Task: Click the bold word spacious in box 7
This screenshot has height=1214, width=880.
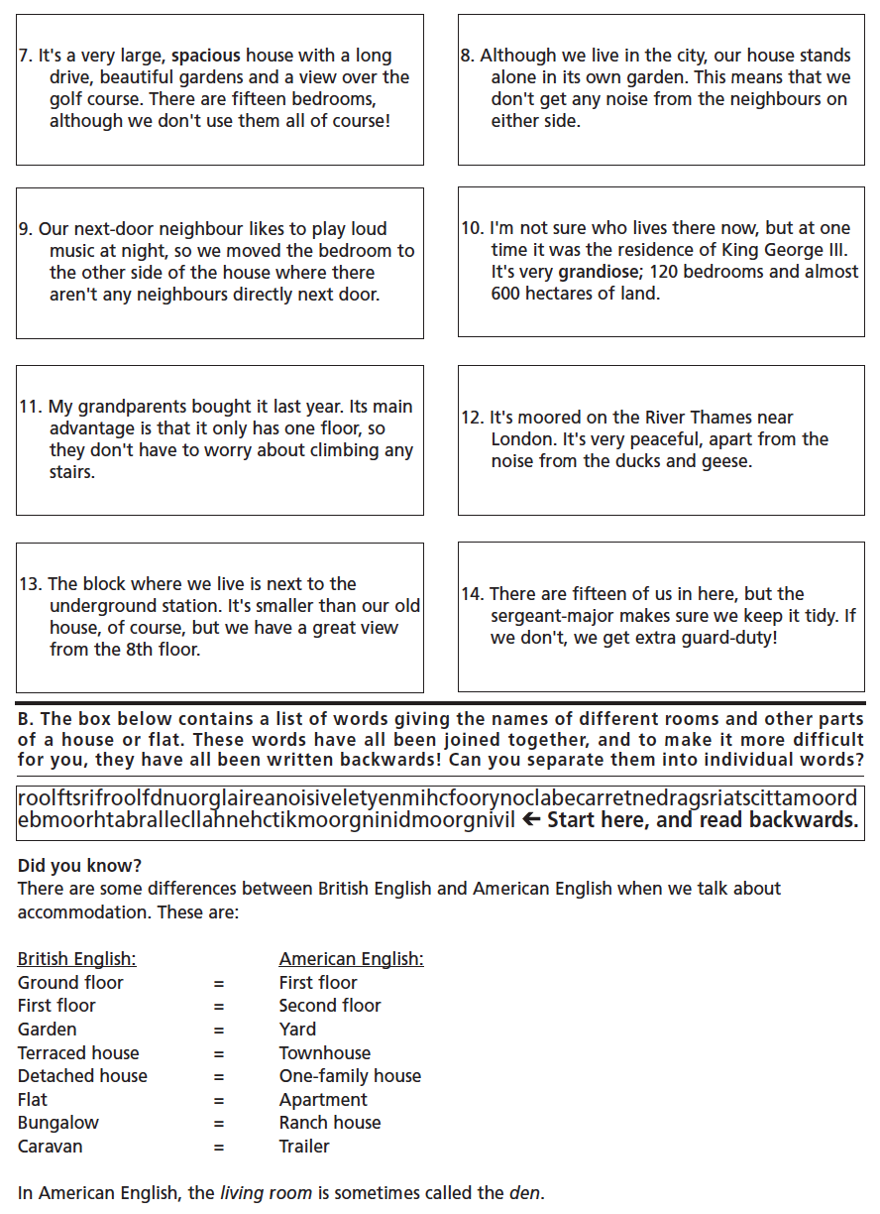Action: (206, 56)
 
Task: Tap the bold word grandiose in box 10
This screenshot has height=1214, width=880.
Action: (597, 272)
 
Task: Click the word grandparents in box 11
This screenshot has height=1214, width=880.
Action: (130, 407)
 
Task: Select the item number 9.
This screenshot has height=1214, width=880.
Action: (25, 229)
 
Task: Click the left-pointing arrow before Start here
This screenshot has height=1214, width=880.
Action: (531, 819)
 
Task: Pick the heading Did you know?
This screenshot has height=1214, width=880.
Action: (79, 866)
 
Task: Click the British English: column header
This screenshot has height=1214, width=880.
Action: (76, 959)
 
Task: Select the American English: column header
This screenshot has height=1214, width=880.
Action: (351, 959)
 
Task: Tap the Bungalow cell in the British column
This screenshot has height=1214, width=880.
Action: (58, 1123)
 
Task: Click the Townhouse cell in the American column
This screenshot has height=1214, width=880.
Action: (325, 1052)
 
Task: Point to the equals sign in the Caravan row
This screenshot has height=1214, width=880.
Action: (219, 1147)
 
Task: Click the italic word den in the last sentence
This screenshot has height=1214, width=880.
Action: (525, 1193)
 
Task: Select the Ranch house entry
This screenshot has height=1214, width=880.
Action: (330, 1123)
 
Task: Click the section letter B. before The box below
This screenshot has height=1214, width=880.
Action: (26, 719)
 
